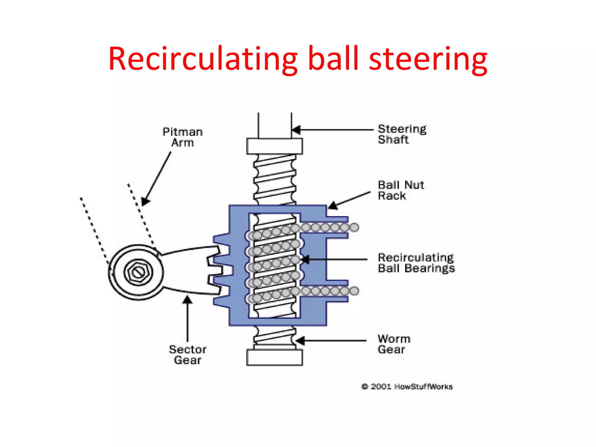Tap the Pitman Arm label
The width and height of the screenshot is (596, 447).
coord(182,137)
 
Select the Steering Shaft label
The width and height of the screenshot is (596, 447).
coord(402,134)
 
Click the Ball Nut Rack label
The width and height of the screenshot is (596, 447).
coord(400,190)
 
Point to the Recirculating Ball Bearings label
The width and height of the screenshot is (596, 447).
coord(416,263)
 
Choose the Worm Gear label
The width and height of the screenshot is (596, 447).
coord(394,344)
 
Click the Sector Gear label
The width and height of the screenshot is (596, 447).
coord(188,355)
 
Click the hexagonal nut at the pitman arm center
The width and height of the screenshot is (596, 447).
coord(138,272)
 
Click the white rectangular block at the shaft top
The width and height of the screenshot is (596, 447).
coord(274,146)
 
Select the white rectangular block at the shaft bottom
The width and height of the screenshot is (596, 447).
coord(274,357)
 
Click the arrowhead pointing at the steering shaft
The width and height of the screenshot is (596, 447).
coord(296,130)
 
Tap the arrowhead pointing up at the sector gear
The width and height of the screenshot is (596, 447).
coord(187,300)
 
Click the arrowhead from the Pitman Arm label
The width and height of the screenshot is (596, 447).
coord(145,201)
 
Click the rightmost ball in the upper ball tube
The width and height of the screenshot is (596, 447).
coord(354,227)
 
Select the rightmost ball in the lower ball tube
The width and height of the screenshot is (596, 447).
coord(354,290)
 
